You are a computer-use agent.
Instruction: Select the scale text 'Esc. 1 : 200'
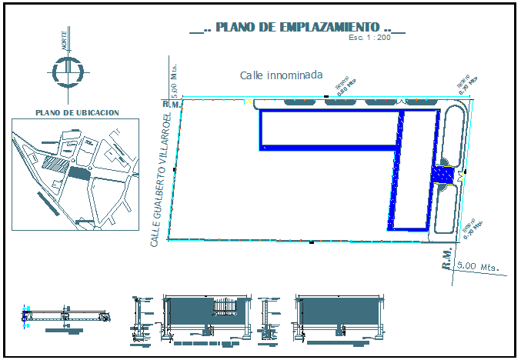(x=370, y=38)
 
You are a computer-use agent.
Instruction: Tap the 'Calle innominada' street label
(x=280, y=75)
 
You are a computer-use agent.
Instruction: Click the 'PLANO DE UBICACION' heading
(x=77, y=112)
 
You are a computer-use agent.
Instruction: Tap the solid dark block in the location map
(x=78, y=172)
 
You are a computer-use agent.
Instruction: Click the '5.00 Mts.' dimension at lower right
(x=477, y=266)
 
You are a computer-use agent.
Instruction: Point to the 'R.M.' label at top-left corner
(x=170, y=103)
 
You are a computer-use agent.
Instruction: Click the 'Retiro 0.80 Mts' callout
(x=346, y=84)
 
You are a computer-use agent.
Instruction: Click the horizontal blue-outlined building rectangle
(x=327, y=128)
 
